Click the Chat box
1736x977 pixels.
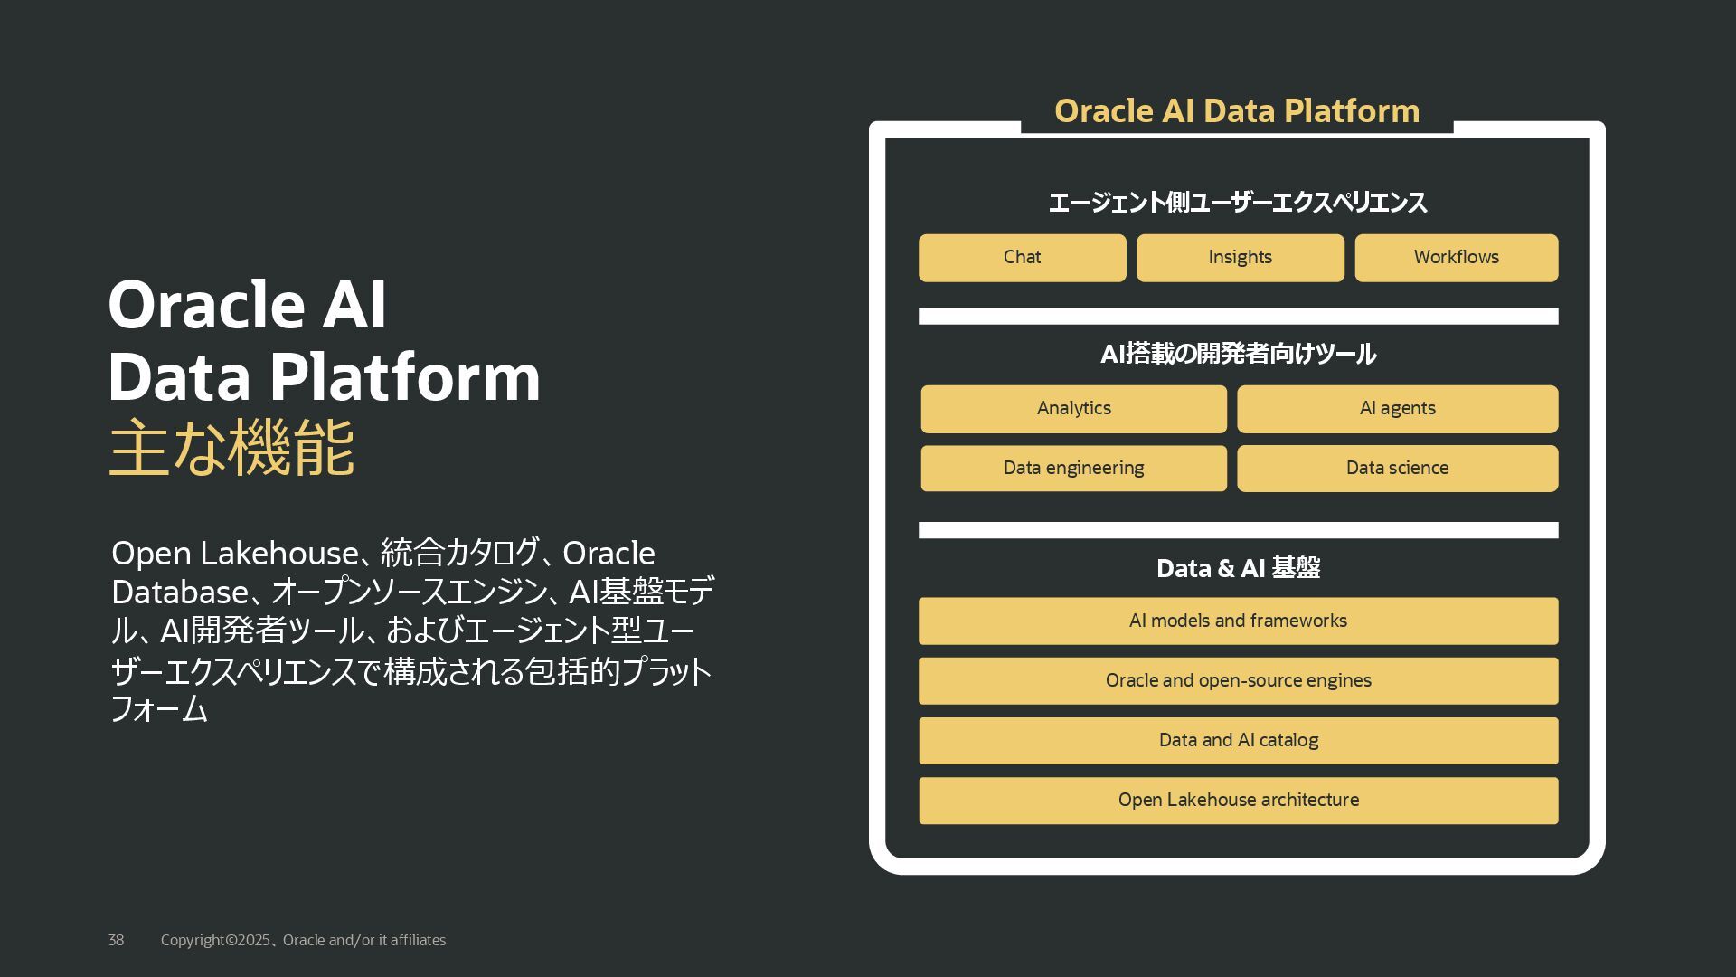(1022, 258)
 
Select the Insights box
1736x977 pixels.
(1240, 258)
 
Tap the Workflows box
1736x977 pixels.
(1456, 258)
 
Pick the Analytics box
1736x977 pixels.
(1073, 409)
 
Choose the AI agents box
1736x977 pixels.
(1397, 409)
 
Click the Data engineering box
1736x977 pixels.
(1073, 469)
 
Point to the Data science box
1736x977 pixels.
(1397, 469)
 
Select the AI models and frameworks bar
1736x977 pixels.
(1238, 621)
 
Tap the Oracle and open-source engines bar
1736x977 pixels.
(1238, 680)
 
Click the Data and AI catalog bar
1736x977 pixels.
(1238, 740)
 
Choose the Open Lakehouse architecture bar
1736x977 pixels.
(1238, 800)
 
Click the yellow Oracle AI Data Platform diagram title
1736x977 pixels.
(1236, 111)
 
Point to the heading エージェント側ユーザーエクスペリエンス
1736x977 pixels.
(1237, 203)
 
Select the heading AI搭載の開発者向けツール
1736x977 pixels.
(1237, 354)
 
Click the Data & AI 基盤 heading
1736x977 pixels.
(1237, 568)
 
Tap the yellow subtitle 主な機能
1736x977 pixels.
(231, 448)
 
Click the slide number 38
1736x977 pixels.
(116, 941)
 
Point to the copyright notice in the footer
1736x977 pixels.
(303, 941)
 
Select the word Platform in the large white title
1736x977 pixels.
(404, 376)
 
